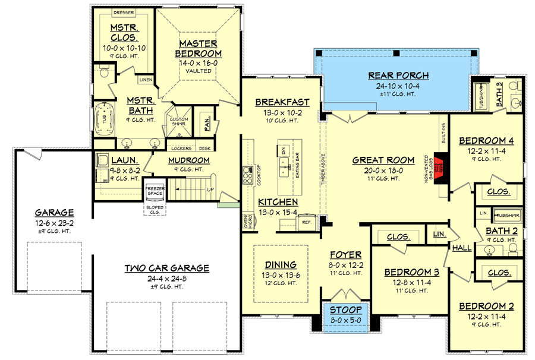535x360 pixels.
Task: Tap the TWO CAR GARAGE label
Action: (x=166, y=268)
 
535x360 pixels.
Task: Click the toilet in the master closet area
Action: (x=105, y=73)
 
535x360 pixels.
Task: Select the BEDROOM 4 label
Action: (x=486, y=141)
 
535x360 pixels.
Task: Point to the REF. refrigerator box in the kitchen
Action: (x=307, y=222)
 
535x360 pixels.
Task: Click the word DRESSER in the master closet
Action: (x=124, y=12)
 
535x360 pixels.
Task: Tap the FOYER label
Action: (x=345, y=255)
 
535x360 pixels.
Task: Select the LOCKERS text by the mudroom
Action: (x=181, y=149)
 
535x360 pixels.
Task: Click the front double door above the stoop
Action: (x=345, y=295)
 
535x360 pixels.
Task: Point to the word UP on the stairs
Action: (x=210, y=190)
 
